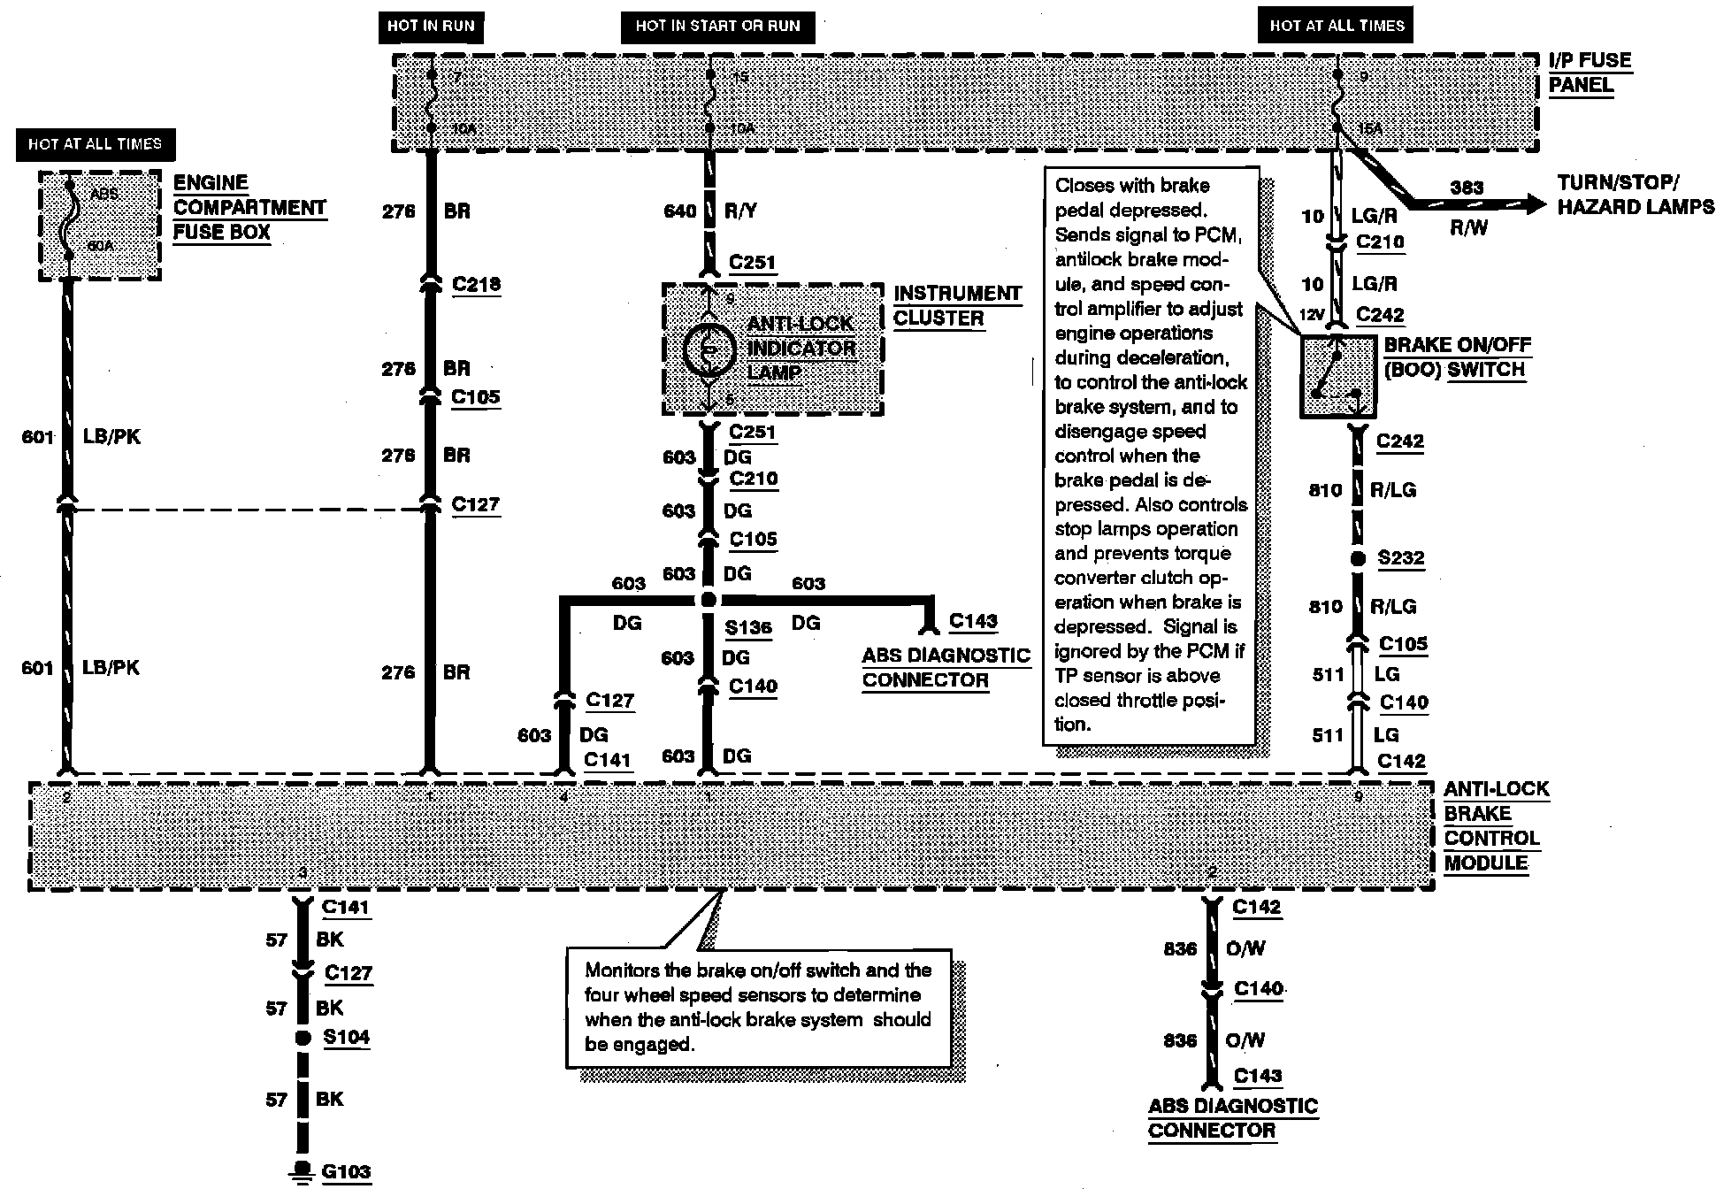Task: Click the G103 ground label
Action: click(x=346, y=1171)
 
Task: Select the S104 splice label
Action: click(x=346, y=1037)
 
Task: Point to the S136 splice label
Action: click(x=748, y=627)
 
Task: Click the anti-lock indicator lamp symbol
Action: click(x=708, y=350)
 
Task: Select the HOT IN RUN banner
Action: click(x=431, y=26)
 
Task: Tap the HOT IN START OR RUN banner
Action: click(x=717, y=26)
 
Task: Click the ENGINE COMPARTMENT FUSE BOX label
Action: click(x=249, y=208)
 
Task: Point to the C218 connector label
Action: click(x=476, y=284)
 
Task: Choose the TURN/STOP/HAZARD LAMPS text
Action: click(x=1636, y=195)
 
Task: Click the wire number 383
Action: click(x=1467, y=188)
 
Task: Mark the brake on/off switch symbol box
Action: click(x=1337, y=376)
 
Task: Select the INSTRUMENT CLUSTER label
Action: click(x=957, y=305)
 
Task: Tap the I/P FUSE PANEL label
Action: click(x=1590, y=73)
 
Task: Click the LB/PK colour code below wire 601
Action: click(x=111, y=668)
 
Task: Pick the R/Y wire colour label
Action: click(x=740, y=211)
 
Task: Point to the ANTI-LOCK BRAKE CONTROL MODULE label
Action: click(x=1495, y=825)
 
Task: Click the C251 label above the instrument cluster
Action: click(x=752, y=262)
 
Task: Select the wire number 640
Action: click(x=679, y=211)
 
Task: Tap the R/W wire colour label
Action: click(x=1469, y=228)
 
